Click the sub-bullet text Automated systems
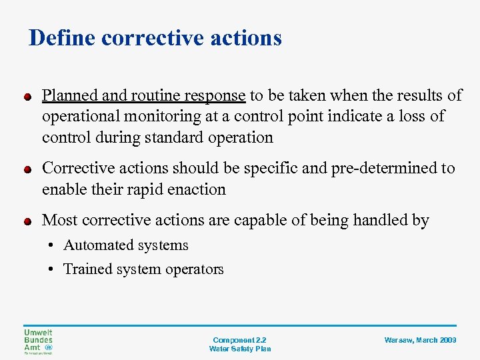[x=125, y=245]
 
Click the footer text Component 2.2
[x=239, y=339]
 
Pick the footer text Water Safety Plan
[x=239, y=349]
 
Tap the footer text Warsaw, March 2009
[x=420, y=340]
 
